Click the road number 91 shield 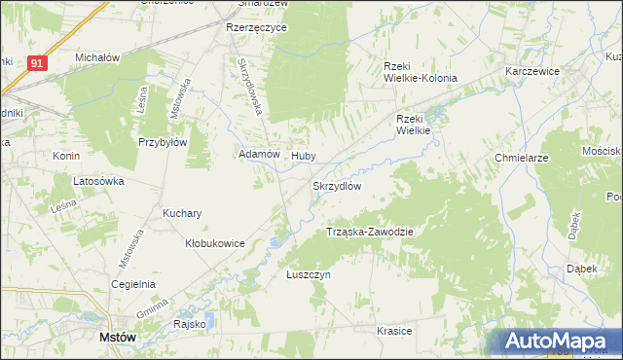pyautogui.click(x=37, y=62)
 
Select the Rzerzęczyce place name pyautogui.click(x=256, y=28)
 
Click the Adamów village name pyautogui.click(x=260, y=154)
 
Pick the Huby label pyautogui.click(x=304, y=154)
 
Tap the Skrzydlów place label pyautogui.click(x=337, y=186)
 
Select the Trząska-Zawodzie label pyautogui.click(x=370, y=232)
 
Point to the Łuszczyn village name pyautogui.click(x=309, y=275)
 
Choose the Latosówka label pyautogui.click(x=101, y=181)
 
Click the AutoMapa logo pyautogui.click(x=561, y=341)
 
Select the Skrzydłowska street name pyautogui.click(x=251, y=86)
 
